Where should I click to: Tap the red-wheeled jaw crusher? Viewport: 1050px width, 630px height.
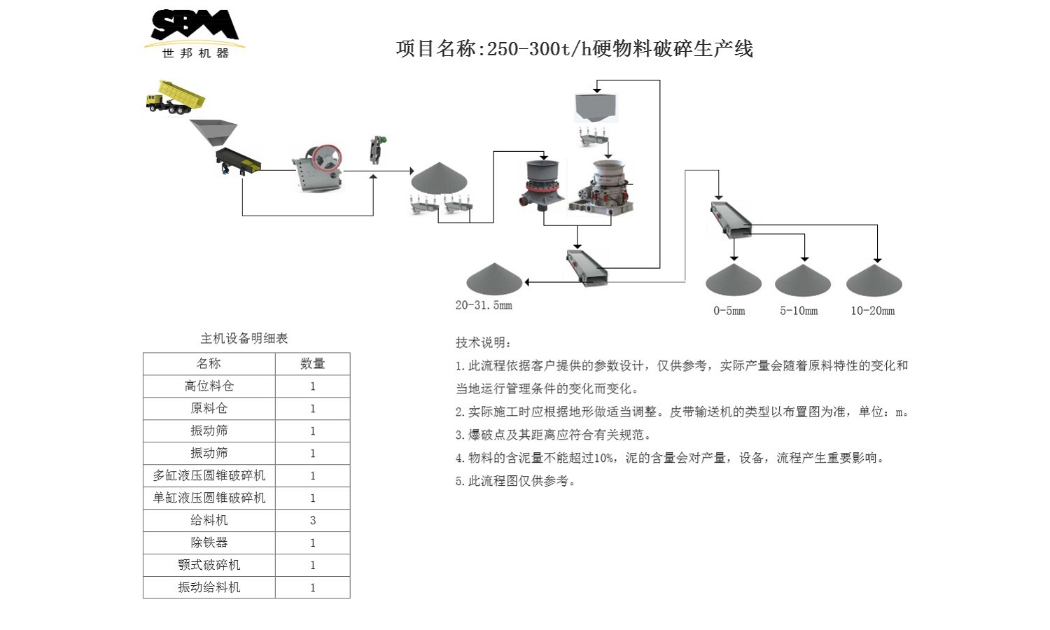click(319, 169)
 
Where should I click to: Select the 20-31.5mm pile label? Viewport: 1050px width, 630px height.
click(484, 305)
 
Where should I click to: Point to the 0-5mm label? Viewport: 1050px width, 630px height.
click(729, 311)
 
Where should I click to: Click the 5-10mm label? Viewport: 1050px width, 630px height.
click(799, 311)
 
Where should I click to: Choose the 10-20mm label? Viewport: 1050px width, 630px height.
click(872, 311)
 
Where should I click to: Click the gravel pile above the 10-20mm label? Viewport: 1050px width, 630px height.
click(874, 281)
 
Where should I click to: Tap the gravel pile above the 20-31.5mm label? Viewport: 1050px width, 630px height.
click(494, 279)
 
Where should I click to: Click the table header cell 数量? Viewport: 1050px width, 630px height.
click(312, 363)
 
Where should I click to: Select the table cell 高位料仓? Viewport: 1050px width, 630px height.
click(209, 386)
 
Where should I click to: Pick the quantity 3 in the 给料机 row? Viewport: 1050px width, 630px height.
click(312, 520)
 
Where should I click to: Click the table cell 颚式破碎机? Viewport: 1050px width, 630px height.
click(209, 565)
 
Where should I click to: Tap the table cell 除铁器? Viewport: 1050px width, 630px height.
click(209, 542)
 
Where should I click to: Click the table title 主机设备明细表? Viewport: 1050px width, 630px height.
click(244, 339)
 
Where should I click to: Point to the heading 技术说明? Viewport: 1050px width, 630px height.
click(483, 342)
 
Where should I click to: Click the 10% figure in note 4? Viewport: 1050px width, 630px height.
click(603, 458)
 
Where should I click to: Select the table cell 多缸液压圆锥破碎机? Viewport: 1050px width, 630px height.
click(209, 475)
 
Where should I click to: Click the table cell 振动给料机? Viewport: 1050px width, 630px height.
click(209, 587)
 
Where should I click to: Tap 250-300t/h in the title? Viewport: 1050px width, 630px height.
click(539, 49)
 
